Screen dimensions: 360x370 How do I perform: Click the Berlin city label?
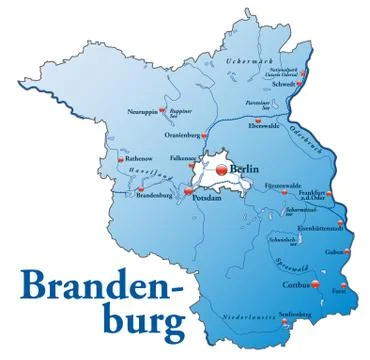click(x=248, y=170)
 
